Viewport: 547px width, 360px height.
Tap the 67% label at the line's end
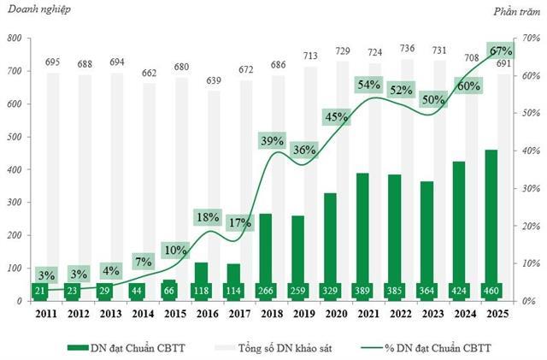497,50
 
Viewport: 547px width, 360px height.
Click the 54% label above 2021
368,85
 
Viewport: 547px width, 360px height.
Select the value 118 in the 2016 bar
201,290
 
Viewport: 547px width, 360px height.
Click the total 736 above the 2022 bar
400,49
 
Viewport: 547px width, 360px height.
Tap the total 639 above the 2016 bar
201,80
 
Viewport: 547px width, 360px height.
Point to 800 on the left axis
15,38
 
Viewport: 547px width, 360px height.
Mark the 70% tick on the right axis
530,38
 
